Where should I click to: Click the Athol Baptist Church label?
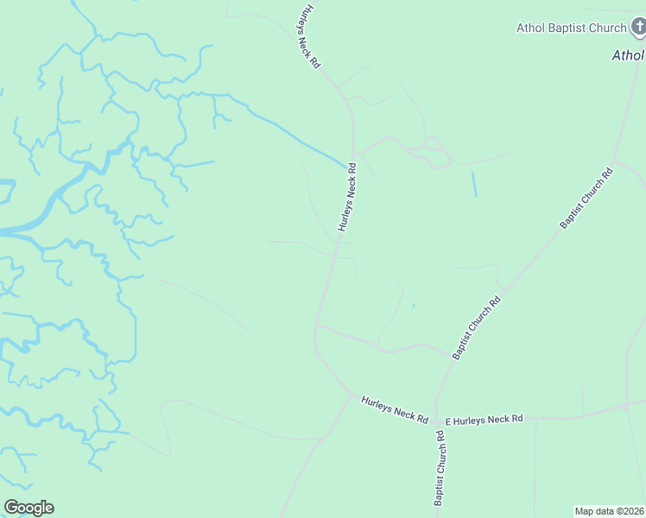[x=571, y=28]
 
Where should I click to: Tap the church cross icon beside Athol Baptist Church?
[x=637, y=28]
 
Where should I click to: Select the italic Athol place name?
[x=628, y=55]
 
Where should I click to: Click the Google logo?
[x=28, y=508]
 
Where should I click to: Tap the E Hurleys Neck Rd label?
[x=484, y=420]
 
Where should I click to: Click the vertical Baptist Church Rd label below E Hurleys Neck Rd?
[x=440, y=469]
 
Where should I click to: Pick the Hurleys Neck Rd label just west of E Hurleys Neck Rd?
[x=395, y=409]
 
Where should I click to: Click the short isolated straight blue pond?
[x=473, y=183]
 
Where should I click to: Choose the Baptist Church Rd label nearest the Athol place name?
[x=586, y=198]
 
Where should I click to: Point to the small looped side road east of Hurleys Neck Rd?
[x=432, y=153]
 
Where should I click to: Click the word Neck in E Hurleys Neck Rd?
[x=498, y=419]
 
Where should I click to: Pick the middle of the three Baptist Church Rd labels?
[x=477, y=328]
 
